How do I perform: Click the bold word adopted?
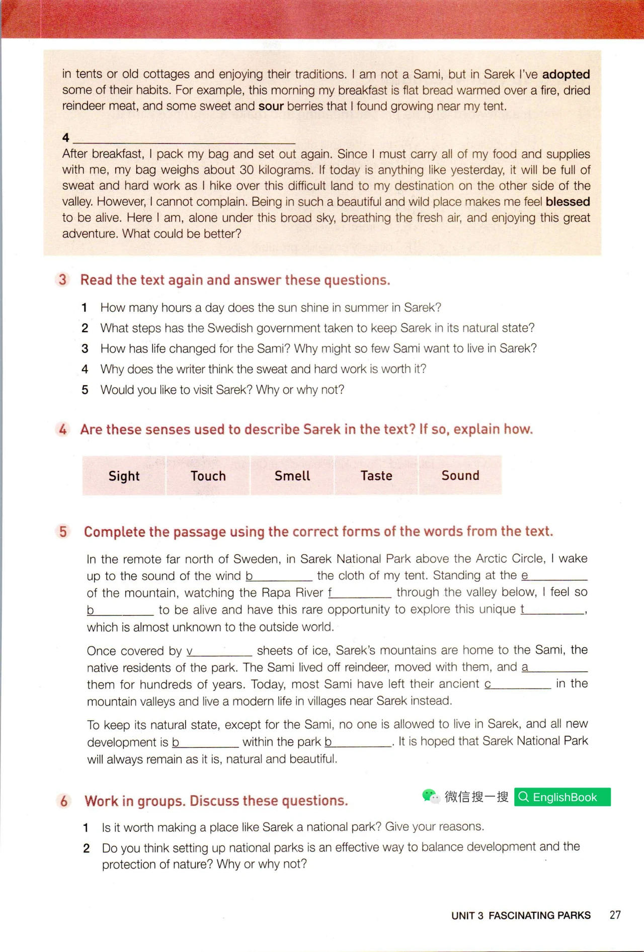click(x=566, y=74)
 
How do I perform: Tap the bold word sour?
click(x=271, y=106)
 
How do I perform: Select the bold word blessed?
click(x=568, y=202)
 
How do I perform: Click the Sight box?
click(x=124, y=476)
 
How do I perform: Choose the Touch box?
click(x=208, y=476)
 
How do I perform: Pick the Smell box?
click(x=292, y=476)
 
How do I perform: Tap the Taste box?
click(x=376, y=476)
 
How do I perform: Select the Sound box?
click(x=460, y=476)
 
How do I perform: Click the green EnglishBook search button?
click(x=562, y=797)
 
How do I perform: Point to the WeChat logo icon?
click(x=430, y=796)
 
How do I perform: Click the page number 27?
click(x=615, y=915)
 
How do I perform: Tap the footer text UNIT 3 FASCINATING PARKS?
click(x=521, y=915)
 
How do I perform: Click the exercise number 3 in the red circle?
click(x=62, y=280)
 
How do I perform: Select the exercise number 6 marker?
click(x=64, y=801)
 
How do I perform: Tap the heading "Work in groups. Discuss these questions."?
click(x=216, y=801)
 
